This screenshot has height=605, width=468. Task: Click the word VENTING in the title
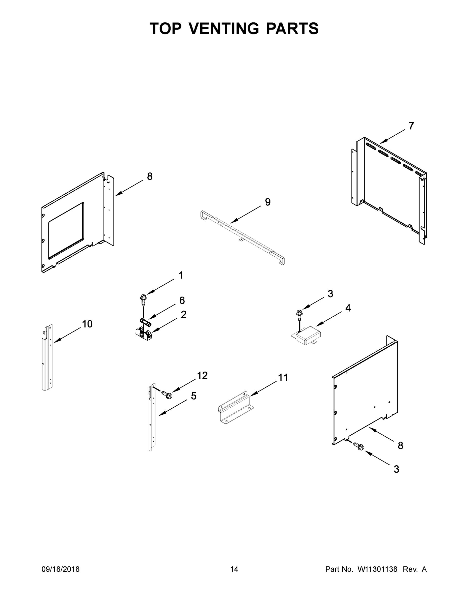pyautogui.click(x=224, y=28)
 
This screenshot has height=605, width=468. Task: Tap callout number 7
pyautogui.click(x=411, y=126)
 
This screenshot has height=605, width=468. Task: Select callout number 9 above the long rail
pyautogui.click(x=267, y=202)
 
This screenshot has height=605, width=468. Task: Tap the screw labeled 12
pyautogui.click(x=167, y=395)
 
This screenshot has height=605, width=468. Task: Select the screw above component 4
pyautogui.click(x=299, y=314)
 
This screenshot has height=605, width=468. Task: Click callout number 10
pyautogui.click(x=87, y=324)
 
